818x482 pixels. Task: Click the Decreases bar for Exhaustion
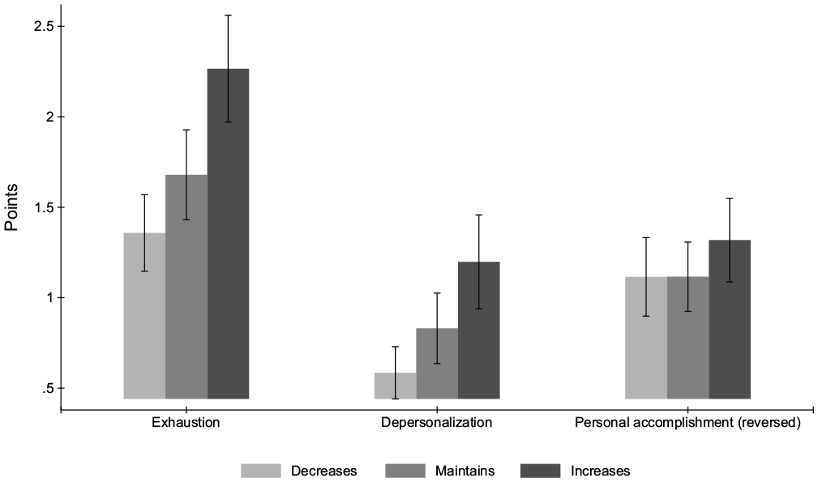tap(144, 316)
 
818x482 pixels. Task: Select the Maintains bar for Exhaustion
tap(186, 287)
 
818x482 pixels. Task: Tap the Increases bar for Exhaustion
tap(228, 234)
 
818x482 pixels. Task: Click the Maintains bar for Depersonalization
tap(437, 364)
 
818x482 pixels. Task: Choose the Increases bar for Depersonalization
tap(479, 331)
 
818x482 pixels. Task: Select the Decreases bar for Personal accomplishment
tap(646, 338)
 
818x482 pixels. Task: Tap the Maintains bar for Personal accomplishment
tap(687, 338)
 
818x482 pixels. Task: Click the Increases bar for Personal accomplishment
tap(730, 320)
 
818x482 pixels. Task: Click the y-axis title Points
tap(11, 207)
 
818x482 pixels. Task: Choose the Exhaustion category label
tap(186, 422)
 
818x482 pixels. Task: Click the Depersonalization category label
tap(437, 423)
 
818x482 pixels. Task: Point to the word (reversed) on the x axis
tap(770, 423)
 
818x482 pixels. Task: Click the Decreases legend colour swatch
tap(261, 471)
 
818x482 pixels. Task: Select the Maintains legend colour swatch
tap(405, 471)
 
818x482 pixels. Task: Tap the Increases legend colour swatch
tap(541, 471)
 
